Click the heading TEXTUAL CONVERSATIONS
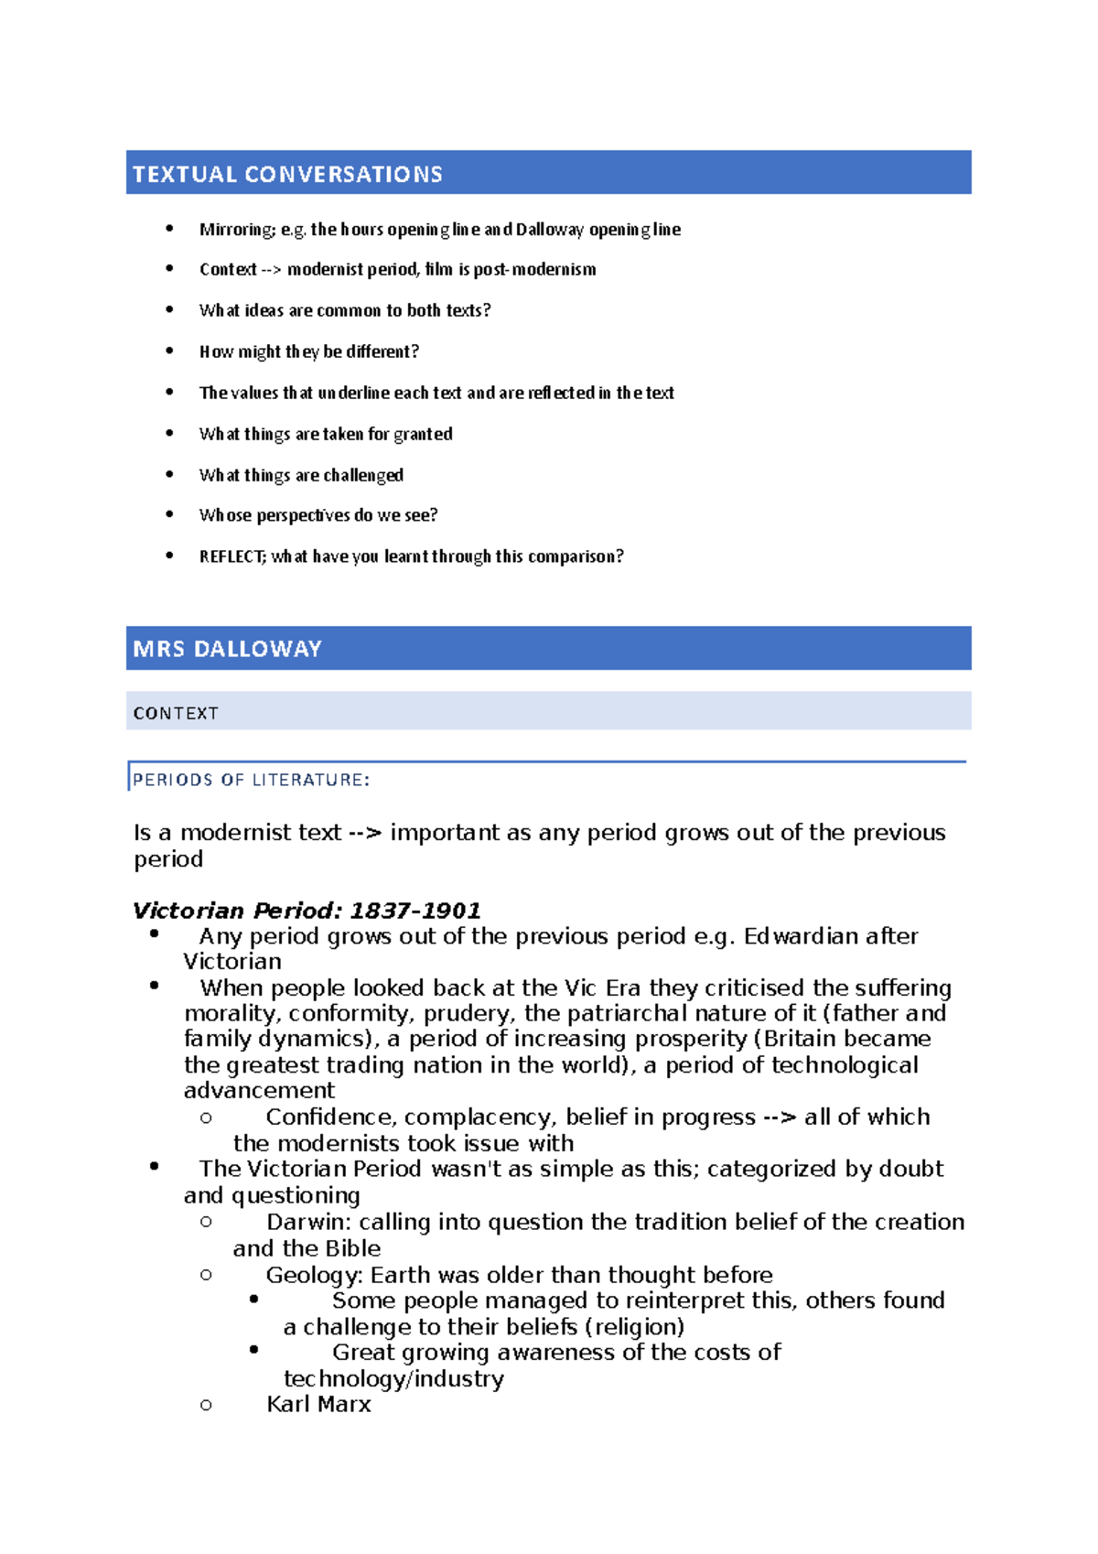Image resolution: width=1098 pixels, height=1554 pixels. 287,174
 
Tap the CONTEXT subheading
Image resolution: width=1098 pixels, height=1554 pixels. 176,713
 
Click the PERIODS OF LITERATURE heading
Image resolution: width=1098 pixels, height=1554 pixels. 251,780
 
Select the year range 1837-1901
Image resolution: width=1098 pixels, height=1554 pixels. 415,911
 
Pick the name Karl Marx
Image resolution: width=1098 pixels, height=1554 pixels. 318,1404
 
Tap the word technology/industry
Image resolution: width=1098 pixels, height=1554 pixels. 393,1378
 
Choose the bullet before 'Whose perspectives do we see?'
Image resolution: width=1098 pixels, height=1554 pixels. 169,514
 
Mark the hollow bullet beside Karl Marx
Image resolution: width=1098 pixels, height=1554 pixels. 206,1405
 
